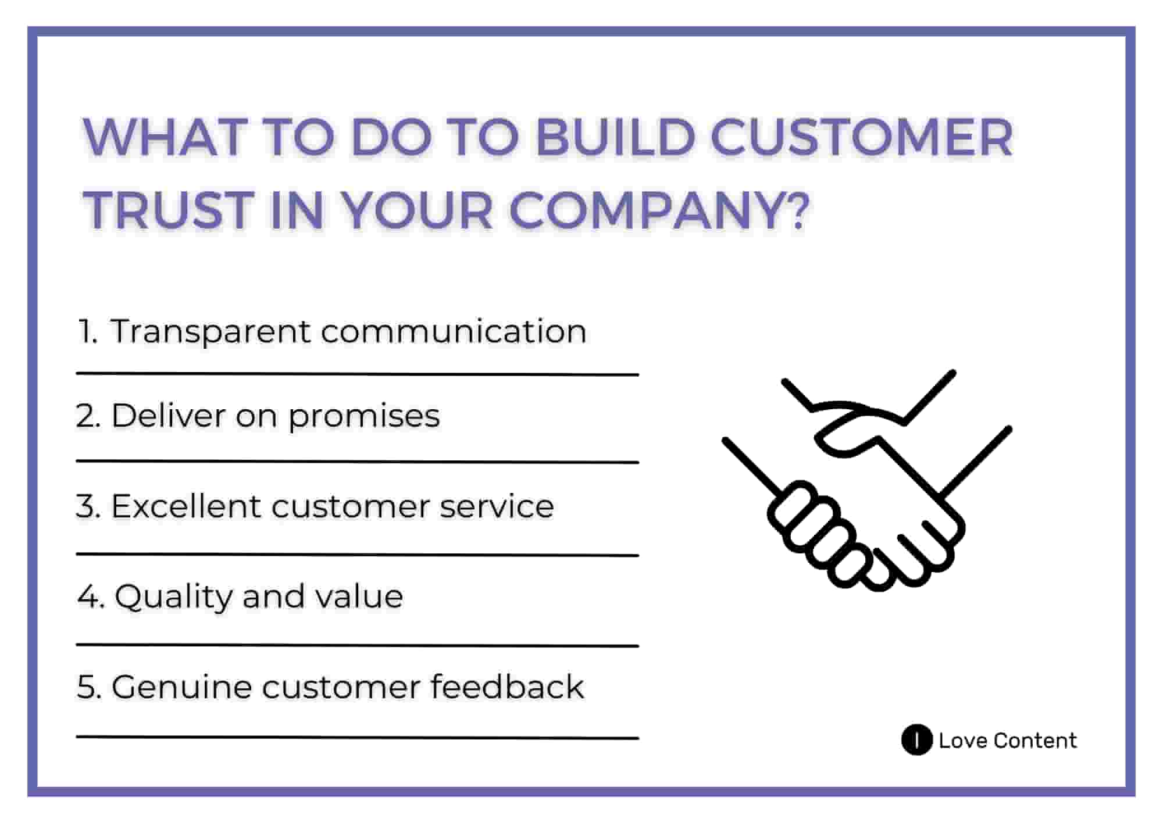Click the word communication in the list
point(453,332)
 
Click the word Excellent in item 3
point(185,506)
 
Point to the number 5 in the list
point(87,687)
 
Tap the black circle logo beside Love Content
point(916,740)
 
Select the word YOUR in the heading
point(416,210)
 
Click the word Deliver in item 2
point(168,416)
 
